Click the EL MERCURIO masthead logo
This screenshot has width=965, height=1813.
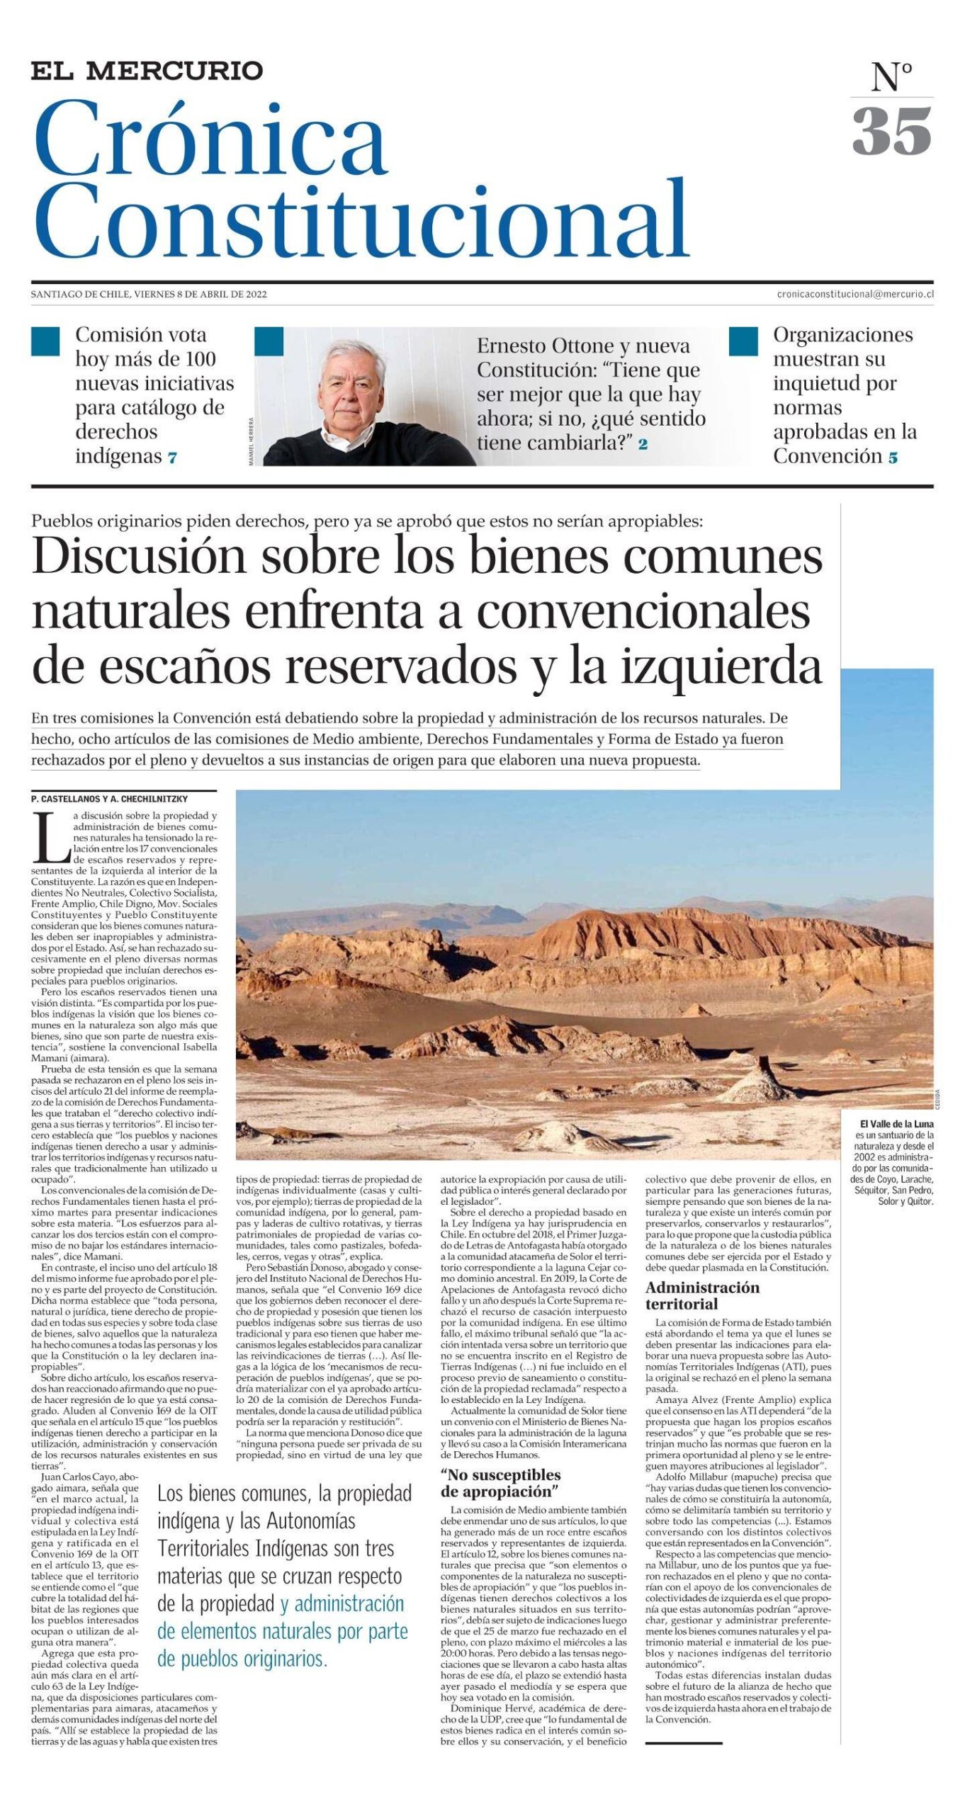147,71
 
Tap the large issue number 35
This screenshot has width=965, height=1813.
891,132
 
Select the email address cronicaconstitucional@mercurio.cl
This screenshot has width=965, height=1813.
854,294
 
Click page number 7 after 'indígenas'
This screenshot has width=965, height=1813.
172,458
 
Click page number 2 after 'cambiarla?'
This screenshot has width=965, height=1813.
643,445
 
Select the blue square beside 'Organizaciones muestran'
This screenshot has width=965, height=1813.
743,341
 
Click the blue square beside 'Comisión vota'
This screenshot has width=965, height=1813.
45,341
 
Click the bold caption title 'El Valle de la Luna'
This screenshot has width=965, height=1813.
896,1123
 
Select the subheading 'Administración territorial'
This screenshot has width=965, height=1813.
701,1295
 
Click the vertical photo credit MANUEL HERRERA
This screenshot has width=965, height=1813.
252,442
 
